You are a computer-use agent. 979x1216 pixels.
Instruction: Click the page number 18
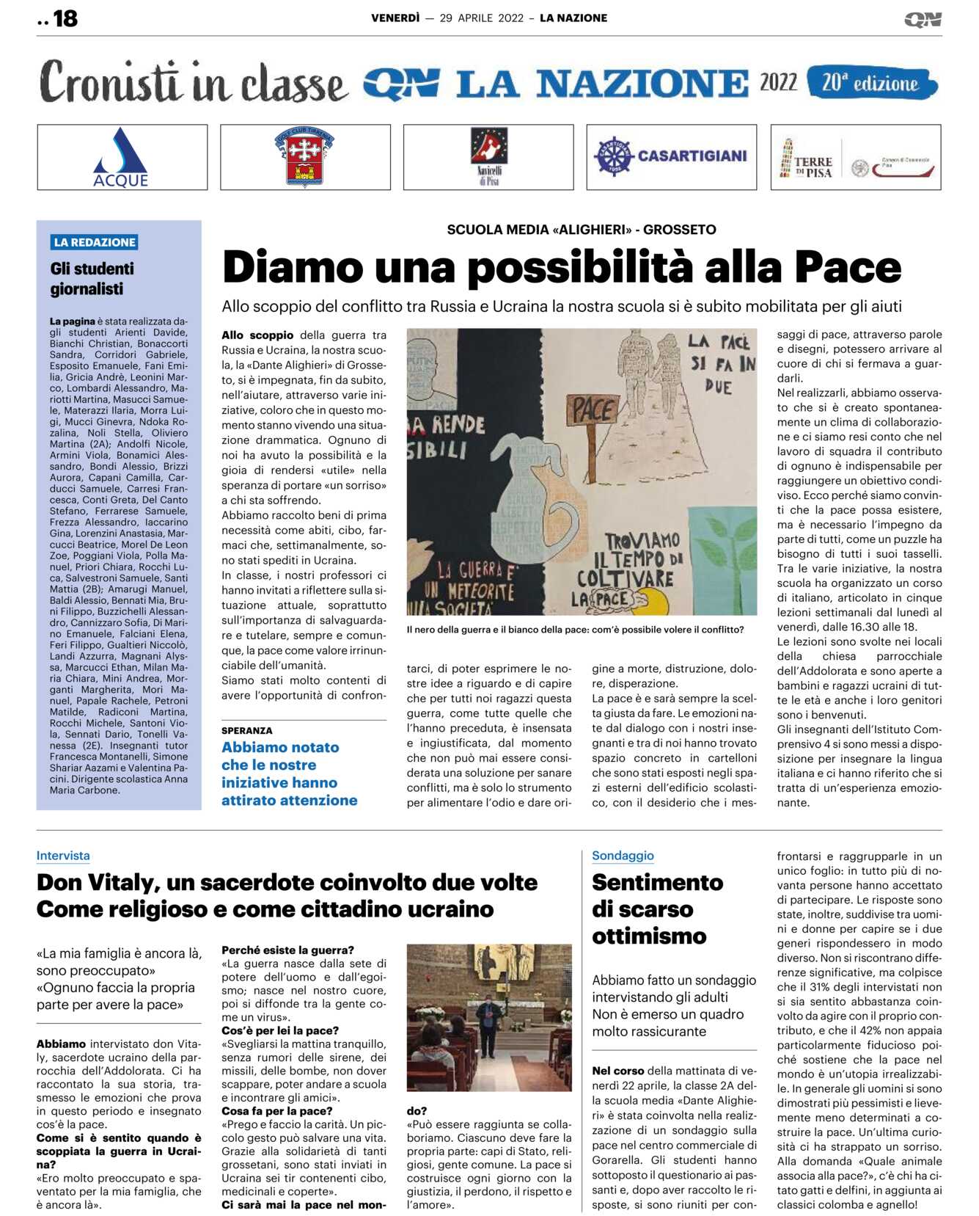tap(65, 18)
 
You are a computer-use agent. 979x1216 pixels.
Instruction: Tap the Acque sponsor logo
tap(121, 158)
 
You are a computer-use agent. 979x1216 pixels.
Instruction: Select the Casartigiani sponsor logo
tap(671, 156)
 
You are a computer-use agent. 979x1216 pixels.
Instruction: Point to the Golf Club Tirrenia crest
tap(304, 157)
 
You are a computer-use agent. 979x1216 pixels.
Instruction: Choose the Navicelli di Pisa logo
tap(488, 156)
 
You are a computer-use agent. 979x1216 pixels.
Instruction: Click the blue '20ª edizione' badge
tap(871, 83)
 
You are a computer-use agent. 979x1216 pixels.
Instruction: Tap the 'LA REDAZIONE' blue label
tap(95, 242)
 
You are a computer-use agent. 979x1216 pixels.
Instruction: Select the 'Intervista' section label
tap(63, 856)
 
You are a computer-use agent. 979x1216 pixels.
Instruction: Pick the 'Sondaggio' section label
tap(623, 856)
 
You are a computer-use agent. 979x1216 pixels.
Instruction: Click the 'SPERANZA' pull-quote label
tap(246, 731)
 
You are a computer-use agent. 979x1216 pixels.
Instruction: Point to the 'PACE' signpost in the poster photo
tap(593, 410)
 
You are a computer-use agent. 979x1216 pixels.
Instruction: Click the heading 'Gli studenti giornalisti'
tap(92, 279)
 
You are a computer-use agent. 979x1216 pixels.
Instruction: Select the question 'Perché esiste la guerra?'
tap(287, 950)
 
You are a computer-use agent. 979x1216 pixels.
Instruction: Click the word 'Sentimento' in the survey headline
tap(657, 882)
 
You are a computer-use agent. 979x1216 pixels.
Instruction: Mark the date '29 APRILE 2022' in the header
tap(481, 18)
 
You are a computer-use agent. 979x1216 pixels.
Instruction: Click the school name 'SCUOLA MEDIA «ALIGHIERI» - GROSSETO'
tap(581, 230)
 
